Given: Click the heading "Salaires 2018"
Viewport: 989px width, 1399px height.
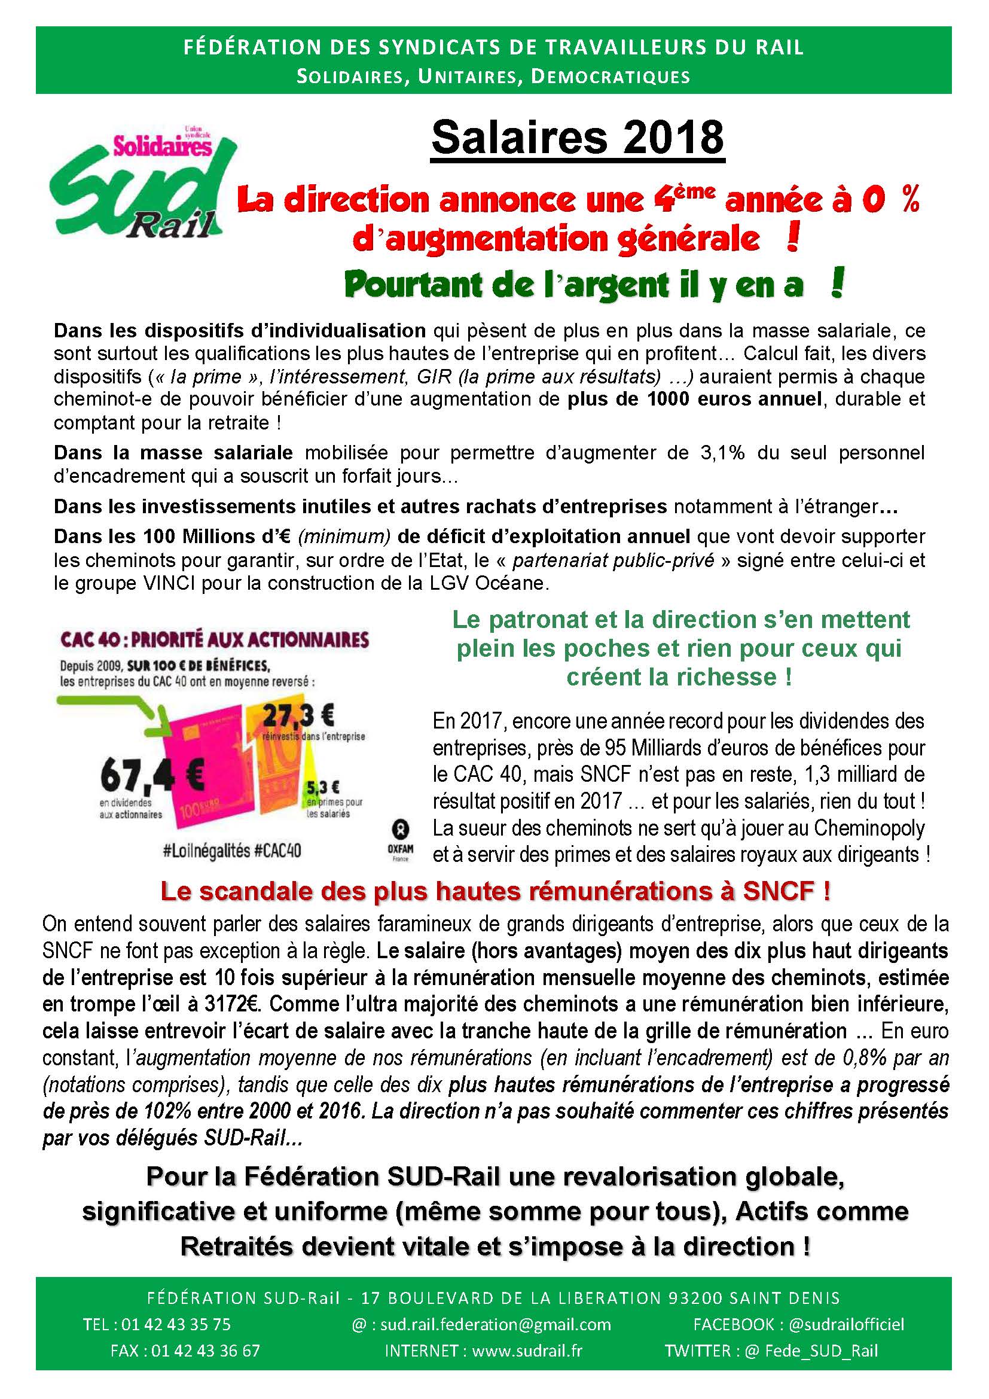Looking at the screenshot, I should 578,138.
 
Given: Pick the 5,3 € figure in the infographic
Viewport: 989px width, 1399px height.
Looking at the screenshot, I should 323,787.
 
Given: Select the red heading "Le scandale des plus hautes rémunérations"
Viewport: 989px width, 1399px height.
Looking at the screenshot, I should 495,891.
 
